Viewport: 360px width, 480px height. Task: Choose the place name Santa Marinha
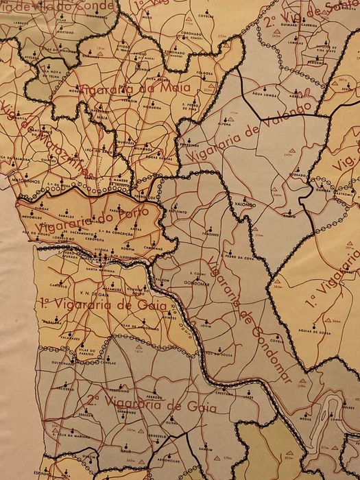[99, 269]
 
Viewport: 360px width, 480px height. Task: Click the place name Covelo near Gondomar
[277, 339]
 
